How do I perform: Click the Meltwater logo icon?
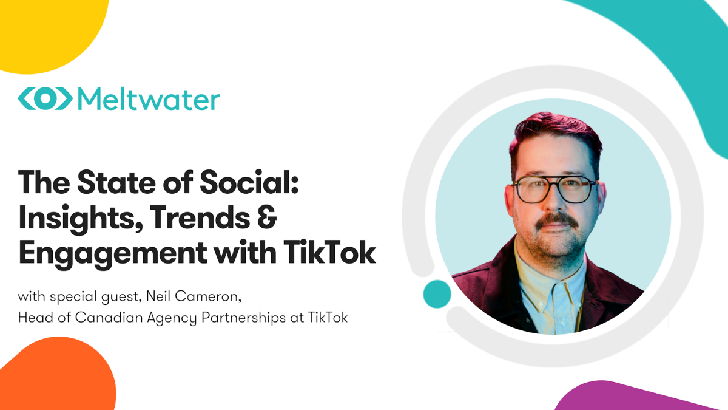point(45,99)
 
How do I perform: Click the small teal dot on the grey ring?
point(437,294)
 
